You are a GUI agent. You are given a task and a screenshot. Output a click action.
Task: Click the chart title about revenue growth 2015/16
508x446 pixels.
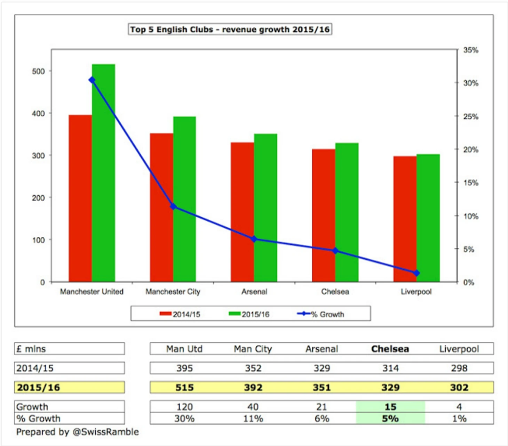pos(230,30)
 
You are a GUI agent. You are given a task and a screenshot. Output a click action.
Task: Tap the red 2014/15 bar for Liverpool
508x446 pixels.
pos(405,219)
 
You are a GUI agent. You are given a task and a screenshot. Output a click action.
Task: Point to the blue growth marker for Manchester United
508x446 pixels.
pos(92,80)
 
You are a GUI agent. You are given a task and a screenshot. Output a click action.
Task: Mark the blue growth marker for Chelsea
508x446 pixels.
pos(335,251)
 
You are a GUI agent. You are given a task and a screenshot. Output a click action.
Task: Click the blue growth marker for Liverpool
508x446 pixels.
pos(416,273)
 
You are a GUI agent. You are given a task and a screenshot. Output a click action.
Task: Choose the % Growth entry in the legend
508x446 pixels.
pos(321,314)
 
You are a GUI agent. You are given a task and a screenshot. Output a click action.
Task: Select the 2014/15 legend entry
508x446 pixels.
pos(180,314)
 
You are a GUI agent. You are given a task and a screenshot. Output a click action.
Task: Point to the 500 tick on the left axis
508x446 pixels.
pos(38,71)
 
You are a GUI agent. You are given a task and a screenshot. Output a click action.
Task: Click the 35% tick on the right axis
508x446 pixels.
pos(470,50)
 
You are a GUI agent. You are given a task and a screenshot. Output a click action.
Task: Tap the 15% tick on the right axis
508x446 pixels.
pos(470,183)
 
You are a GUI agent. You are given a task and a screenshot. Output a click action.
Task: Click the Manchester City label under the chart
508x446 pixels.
pos(173,292)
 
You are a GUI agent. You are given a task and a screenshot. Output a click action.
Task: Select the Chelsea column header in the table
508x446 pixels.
pos(390,349)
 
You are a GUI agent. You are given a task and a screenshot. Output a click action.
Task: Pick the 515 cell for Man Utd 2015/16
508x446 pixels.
pos(184,387)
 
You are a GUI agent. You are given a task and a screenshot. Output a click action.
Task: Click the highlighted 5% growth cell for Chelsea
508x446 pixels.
pos(390,419)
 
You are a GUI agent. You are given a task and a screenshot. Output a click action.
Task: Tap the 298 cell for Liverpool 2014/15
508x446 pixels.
pos(459,368)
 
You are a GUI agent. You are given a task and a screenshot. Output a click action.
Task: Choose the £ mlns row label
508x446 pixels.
pos(31,349)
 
